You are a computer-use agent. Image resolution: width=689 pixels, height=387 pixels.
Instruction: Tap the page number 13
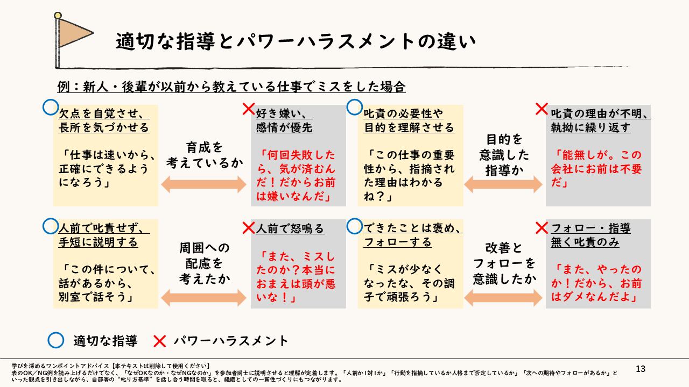click(x=641, y=369)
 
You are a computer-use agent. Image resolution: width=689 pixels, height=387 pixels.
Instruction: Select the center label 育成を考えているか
click(x=204, y=155)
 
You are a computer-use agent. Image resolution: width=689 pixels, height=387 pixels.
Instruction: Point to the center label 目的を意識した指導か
click(x=504, y=155)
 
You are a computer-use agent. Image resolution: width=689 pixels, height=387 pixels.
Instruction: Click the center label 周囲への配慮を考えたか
click(x=204, y=263)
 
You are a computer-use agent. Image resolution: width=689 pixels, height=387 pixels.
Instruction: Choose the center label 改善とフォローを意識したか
click(x=504, y=263)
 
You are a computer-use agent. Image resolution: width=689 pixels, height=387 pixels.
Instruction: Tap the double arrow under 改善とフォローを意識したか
click(x=504, y=297)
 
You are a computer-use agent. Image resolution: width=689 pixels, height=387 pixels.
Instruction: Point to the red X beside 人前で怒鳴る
click(x=248, y=228)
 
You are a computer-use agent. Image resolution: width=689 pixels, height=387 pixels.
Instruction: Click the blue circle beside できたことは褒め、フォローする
click(x=355, y=226)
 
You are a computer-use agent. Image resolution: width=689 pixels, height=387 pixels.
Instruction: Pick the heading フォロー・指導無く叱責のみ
click(x=590, y=235)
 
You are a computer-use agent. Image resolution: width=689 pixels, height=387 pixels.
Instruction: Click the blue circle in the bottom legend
click(x=56, y=341)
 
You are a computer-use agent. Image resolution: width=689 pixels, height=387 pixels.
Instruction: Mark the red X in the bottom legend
click(x=159, y=341)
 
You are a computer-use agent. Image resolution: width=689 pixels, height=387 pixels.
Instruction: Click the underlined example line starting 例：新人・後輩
click(x=231, y=87)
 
